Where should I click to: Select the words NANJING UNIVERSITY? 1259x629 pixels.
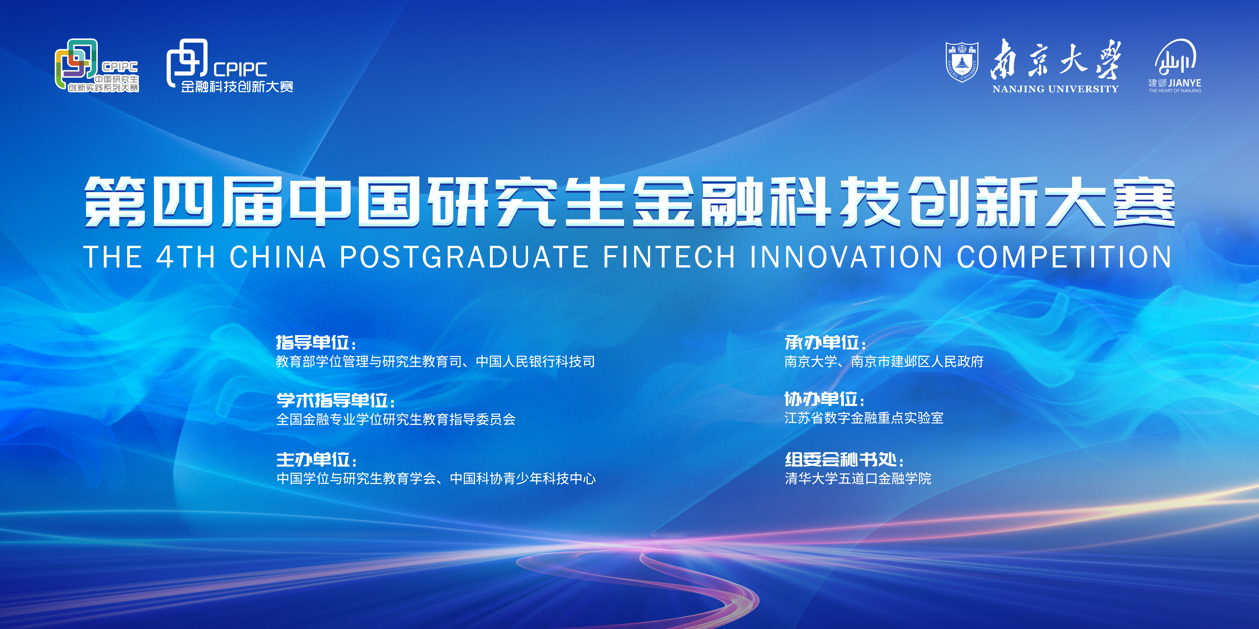tap(1055, 89)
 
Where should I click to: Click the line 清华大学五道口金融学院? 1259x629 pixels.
tap(858, 479)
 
